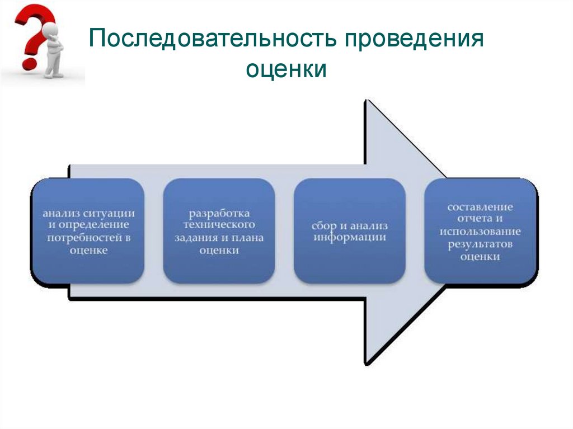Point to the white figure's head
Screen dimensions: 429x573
click(51, 29)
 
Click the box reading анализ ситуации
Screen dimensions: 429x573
click(87, 230)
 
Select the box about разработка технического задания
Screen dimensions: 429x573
click(219, 230)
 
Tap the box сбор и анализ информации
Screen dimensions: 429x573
click(349, 230)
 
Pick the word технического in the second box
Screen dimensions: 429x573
click(219, 224)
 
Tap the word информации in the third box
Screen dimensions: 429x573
click(349, 237)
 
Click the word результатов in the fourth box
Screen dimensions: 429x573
click(480, 244)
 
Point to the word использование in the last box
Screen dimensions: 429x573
click(480, 232)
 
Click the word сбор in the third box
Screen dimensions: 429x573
click(323, 226)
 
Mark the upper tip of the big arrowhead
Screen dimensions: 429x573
click(368, 102)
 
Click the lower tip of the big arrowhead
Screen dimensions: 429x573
click(368, 362)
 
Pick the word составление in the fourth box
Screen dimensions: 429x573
click(480, 207)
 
